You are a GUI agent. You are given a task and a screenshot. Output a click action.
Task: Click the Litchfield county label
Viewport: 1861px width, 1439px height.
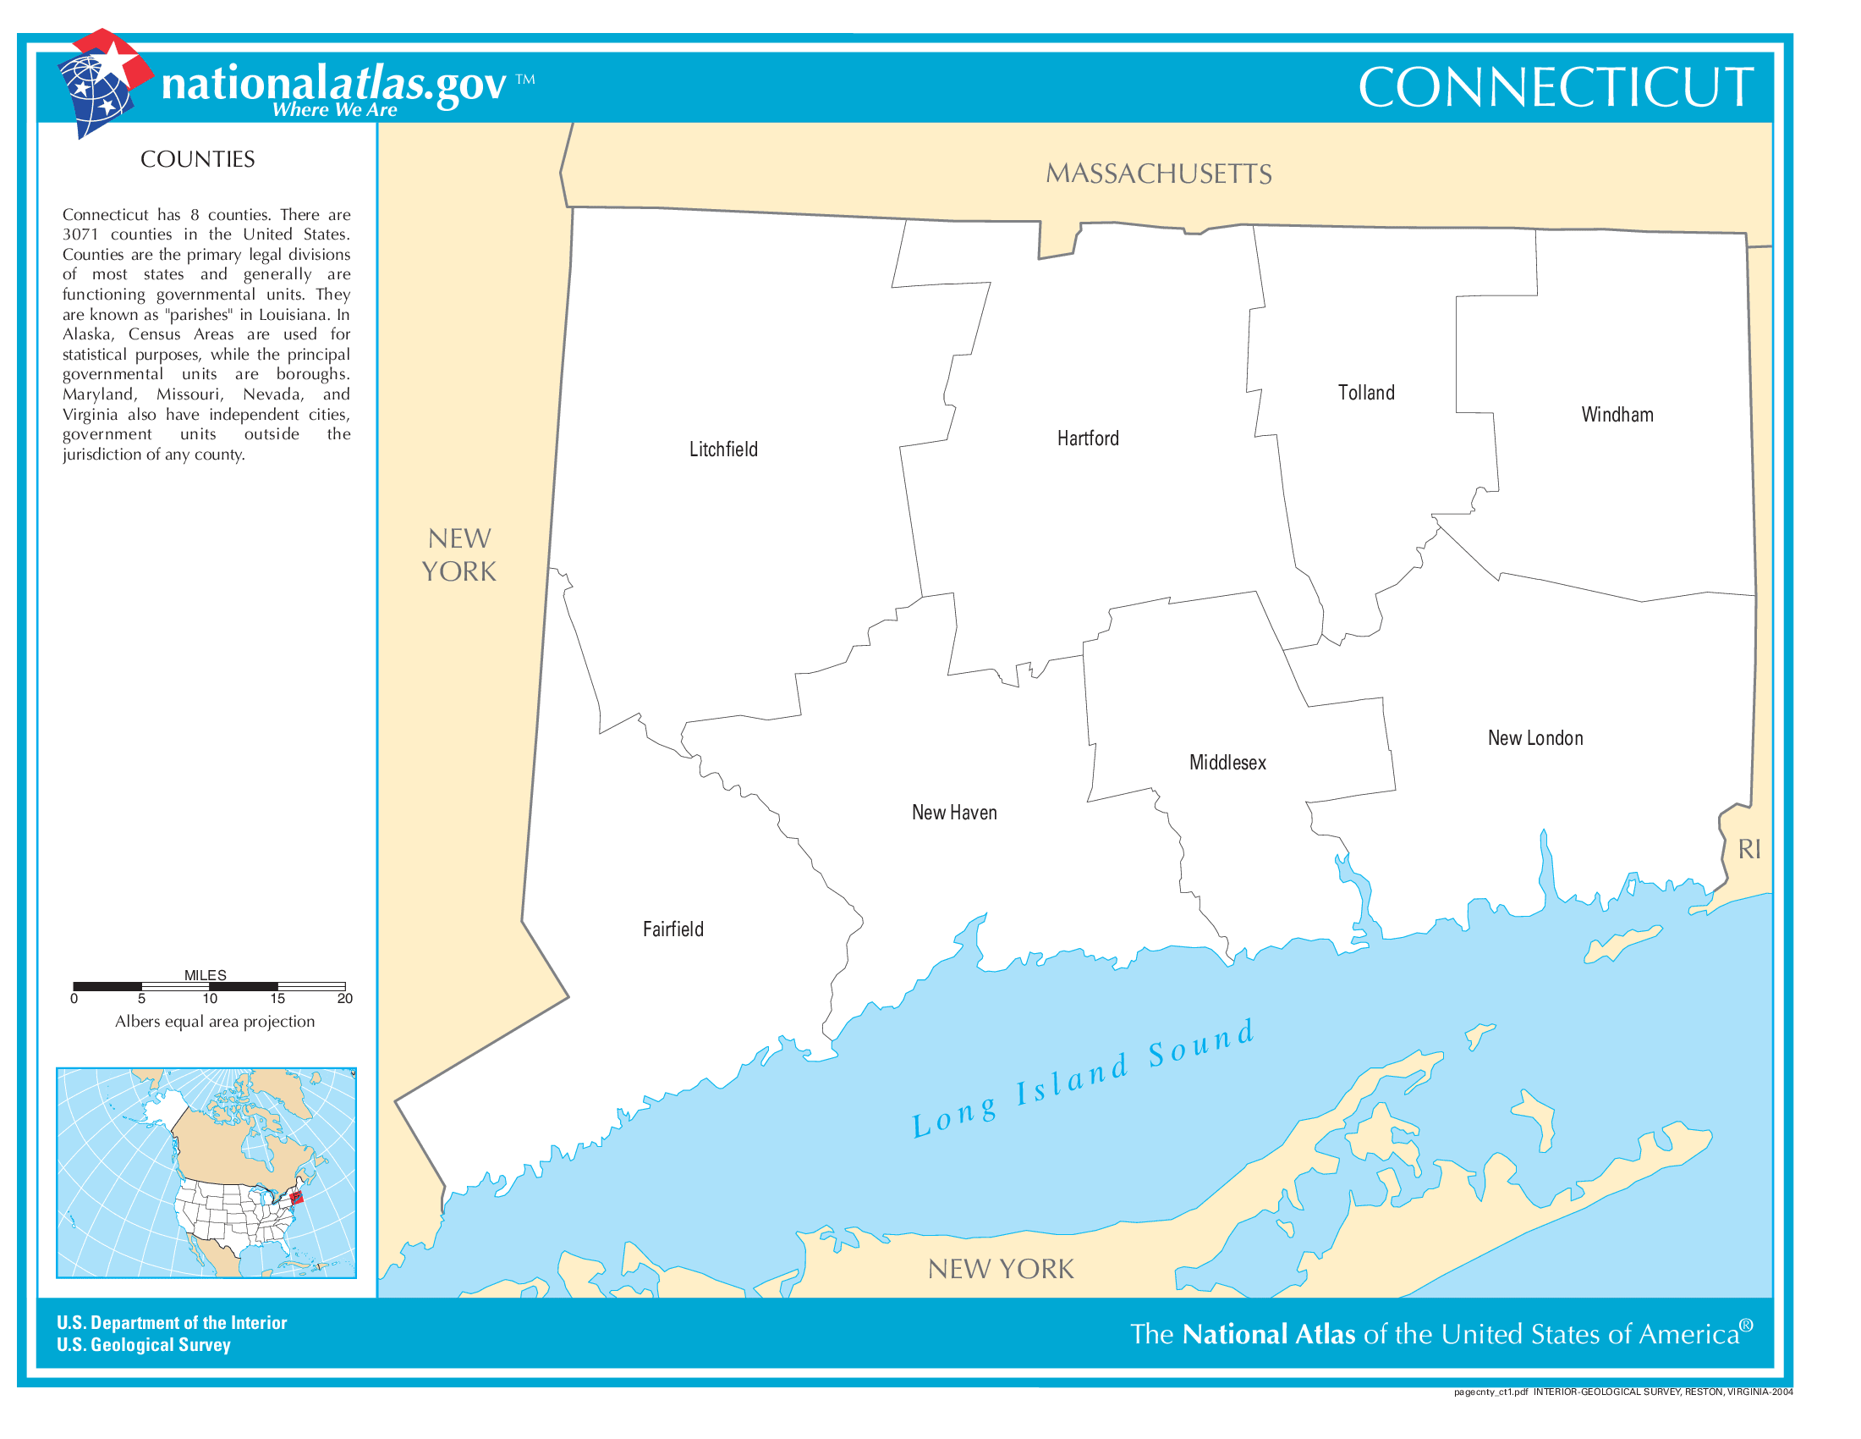click(722, 449)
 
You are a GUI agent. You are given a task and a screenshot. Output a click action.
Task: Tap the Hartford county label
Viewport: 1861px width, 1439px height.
click(1087, 438)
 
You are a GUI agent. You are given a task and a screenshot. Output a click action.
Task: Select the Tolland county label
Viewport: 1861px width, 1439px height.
click(1365, 393)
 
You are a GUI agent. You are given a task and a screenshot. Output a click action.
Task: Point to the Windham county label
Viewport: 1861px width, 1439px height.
click(1617, 415)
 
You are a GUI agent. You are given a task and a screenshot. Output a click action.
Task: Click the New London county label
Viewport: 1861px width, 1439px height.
click(1534, 738)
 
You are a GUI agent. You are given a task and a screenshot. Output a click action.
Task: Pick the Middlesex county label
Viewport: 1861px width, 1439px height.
click(1227, 763)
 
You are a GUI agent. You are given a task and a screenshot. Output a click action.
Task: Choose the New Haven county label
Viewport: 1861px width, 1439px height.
click(953, 813)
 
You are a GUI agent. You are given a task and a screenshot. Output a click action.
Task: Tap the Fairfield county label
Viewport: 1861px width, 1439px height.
click(672, 929)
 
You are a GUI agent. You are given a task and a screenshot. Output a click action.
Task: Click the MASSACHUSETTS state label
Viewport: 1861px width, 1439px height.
click(1158, 174)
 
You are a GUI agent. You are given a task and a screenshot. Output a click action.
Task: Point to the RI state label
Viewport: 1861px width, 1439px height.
click(1748, 849)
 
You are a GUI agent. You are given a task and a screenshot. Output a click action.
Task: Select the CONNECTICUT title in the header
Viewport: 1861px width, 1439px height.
click(1555, 87)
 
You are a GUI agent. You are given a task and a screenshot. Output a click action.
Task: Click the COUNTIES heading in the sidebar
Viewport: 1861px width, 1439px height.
click(197, 159)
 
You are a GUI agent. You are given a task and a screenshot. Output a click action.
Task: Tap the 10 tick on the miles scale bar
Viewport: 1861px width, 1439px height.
click(210, 998)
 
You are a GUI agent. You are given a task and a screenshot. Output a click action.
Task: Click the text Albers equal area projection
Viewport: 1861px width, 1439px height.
click(215, 1022)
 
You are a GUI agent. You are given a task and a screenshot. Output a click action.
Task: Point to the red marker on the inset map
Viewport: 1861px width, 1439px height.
click(297, 1198)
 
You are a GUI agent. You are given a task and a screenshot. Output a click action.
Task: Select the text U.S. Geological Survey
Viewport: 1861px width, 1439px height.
click(143, 1344)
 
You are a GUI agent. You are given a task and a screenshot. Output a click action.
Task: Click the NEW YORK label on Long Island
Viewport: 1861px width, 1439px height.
click(1001, 1269)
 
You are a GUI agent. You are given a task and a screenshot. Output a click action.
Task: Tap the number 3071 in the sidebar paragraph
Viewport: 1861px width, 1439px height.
click(80, 234)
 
